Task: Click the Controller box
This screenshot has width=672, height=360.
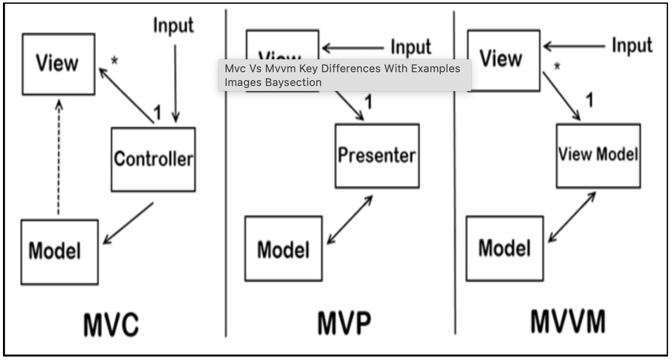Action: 153,159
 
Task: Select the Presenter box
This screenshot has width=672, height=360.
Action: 377,156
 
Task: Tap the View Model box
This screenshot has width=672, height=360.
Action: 598,155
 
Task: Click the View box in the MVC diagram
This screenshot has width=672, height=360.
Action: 58,64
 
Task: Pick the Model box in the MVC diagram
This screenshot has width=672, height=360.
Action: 59,252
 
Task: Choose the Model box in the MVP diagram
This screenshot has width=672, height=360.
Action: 284,249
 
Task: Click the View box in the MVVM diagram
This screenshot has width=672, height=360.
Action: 503,60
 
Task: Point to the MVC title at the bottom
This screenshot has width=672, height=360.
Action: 110,324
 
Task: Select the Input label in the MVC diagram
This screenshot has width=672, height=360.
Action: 173,25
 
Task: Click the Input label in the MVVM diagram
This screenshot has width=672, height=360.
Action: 632,45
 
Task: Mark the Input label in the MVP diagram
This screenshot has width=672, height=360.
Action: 411,47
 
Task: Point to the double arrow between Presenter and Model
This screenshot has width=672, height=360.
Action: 349,220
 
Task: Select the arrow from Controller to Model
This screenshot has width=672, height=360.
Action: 129,223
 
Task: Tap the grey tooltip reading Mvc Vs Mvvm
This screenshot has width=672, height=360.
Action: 344,75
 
